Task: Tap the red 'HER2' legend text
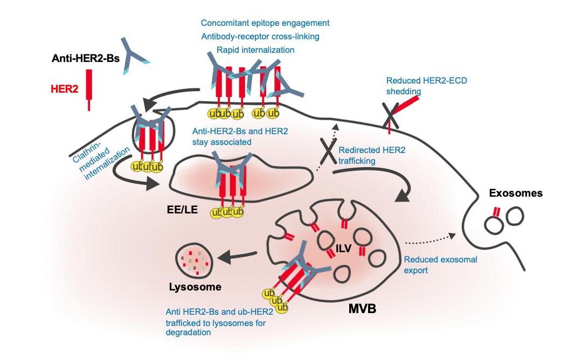(x=65, y=89)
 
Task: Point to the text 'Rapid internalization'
(x=255, y=50)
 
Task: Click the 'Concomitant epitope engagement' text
(x=265, y=23)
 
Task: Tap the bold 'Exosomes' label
(x=515, y=192)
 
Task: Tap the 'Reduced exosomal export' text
(x=440, y=265)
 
